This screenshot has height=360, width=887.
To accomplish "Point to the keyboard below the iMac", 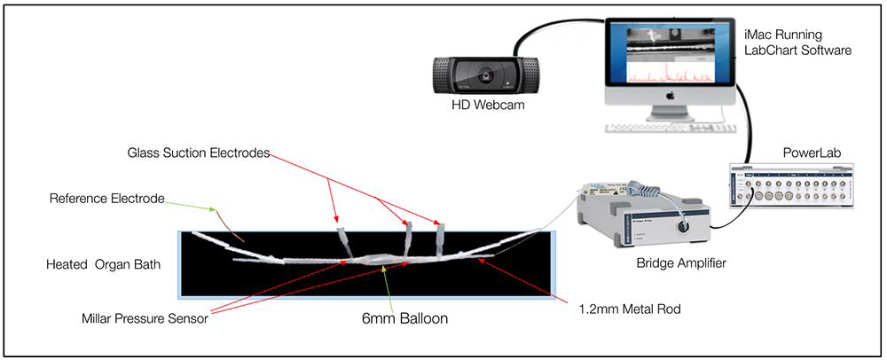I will tap(669, 128).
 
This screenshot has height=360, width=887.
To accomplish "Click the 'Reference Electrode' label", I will tap(107, 199).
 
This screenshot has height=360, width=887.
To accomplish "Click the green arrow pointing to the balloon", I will tap(386, 286).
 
